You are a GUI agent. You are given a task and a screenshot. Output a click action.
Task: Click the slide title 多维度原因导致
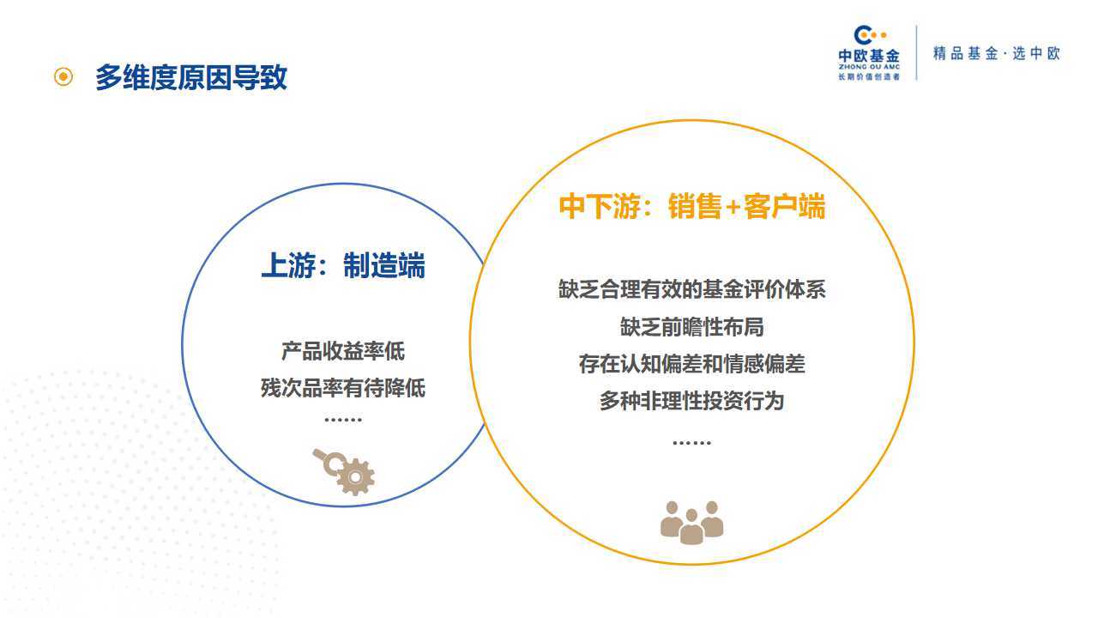click(190, 77)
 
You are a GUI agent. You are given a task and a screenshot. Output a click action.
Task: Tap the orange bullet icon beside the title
click(63, 76)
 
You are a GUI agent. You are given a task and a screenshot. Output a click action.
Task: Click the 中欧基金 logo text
click(869, 56)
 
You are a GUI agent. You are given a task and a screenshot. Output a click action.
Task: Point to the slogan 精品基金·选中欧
click(997, 53)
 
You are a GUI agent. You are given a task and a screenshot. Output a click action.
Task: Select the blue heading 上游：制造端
click(343, 265)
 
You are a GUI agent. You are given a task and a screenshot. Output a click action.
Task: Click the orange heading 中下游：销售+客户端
click(692, 206)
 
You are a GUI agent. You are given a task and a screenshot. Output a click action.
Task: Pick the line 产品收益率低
click(343, 351)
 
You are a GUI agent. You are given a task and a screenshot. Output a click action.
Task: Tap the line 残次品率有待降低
click(343, 388)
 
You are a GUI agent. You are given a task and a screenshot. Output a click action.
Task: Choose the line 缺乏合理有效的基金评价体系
click(692, 289)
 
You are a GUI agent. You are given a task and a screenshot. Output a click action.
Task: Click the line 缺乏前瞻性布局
click(692, 327)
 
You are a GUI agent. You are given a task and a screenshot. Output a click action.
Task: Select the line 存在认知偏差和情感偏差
click(692, 364)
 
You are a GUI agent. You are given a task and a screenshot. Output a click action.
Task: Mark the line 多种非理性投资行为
click(692, 401)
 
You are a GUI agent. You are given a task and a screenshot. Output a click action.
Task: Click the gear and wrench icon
click(344, 471)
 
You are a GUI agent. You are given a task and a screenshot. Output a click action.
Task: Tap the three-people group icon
click(692, 523)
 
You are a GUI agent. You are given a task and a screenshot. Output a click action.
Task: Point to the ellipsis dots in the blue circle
click(343, 420)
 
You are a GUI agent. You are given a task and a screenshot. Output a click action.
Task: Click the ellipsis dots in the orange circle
click(692, 443)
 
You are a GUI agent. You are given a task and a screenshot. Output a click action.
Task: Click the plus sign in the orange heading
click(733, 208)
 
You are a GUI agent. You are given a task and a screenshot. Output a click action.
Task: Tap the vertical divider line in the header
click(917, 52)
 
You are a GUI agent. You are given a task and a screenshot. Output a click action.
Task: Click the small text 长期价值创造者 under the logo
click(869, 76)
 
